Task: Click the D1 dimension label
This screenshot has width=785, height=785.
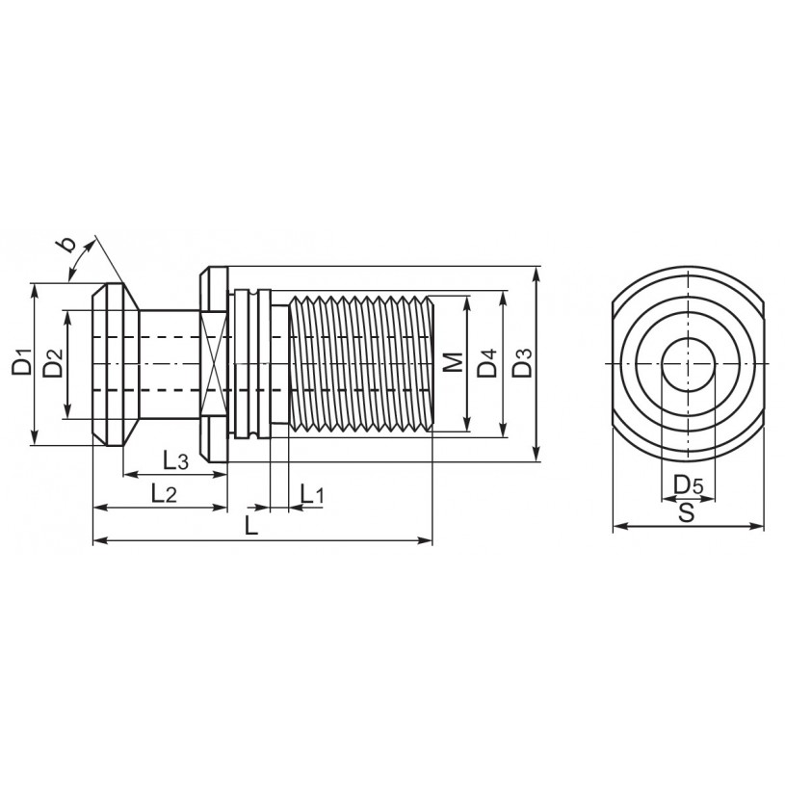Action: [21, 360]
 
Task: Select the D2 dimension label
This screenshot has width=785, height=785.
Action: [53, 362]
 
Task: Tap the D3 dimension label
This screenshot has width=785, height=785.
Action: [522, 362]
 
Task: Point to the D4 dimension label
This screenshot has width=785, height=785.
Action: [487, 362]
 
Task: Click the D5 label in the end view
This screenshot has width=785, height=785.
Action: [689, 484]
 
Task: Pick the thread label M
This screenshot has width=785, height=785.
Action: [454, 362]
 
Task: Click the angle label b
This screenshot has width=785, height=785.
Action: [65, 244]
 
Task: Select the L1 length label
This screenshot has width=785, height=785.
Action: [312, 495]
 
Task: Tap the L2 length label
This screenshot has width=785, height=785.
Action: [164, 495]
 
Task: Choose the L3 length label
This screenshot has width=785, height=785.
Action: [175, 460]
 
